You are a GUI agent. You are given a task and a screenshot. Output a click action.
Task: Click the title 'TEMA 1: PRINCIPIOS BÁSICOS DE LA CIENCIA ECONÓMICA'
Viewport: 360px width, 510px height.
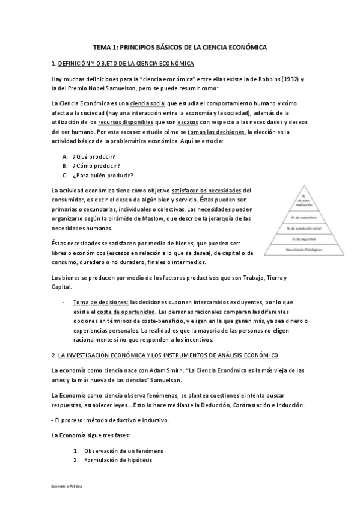tap(180, 47)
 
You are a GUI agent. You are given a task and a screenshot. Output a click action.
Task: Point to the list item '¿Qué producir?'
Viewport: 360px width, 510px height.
tap(96, 156)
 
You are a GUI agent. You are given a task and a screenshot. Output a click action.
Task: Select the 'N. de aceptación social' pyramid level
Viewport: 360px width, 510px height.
tap(305, 229)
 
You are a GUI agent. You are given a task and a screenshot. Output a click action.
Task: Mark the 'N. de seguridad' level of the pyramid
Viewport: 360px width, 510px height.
tap(305, 239)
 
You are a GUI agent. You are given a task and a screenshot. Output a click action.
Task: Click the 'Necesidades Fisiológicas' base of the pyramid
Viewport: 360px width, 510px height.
tap(305, 249)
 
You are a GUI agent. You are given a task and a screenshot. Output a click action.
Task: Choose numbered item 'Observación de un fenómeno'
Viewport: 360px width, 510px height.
tap(124, 450)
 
